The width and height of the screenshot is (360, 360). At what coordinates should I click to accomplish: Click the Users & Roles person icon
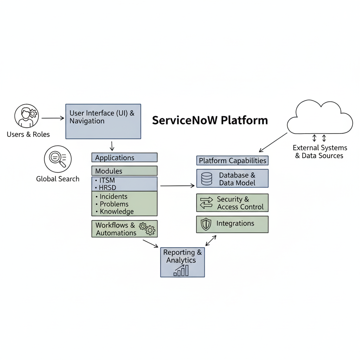point(26,116)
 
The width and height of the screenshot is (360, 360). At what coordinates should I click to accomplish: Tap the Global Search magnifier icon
point(58,159)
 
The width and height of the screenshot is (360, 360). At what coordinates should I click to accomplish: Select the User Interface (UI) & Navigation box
point(103,121)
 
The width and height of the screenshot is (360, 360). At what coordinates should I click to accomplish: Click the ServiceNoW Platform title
point(210,120)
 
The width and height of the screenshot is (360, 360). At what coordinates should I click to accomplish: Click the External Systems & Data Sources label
point(320,152)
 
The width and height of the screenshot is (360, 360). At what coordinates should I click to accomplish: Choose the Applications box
point(124,157)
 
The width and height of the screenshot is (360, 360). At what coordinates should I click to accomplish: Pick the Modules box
point(124,171)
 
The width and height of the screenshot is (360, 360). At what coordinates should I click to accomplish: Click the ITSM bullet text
point(107,180)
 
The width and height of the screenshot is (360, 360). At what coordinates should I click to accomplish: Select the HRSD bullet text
point(108,187)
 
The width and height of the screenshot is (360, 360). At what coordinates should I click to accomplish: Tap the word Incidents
point(113,197)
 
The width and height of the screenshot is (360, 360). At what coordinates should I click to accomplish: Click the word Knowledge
point(117,211)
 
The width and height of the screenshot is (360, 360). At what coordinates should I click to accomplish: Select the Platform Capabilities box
point(232,161)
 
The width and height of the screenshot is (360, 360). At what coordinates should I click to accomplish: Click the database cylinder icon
point(207,179)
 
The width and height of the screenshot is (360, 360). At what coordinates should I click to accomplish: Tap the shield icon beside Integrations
point(206,224)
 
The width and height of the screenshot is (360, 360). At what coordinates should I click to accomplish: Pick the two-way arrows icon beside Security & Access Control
point(206,203)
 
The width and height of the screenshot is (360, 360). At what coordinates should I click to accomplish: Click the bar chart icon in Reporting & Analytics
point(181,271)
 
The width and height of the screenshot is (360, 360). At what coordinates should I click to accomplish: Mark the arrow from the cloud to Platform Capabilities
point(273,142)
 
